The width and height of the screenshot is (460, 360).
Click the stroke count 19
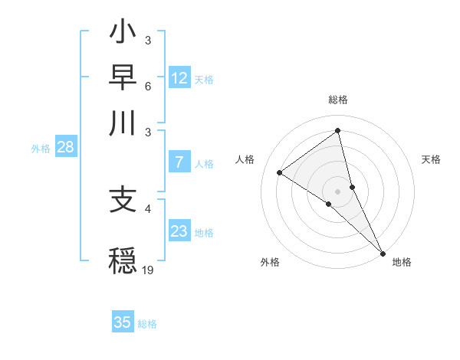click(x=148, y=269)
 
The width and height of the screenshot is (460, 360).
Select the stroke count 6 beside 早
click(x=148, y=86)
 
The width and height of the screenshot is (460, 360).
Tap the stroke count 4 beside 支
click(x=148, y=208)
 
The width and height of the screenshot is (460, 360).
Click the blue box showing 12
click(x=179, y=78)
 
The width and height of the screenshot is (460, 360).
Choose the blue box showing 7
click(x=179, y=162)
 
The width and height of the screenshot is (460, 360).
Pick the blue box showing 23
click(x=179, y=231)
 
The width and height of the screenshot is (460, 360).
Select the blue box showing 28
click(x=65, y=148)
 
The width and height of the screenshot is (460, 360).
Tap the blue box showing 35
click(x=123, y=322)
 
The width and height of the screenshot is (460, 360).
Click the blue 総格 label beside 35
click(x=147, y=324)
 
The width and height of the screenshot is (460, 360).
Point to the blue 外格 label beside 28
click(x=41, y=149)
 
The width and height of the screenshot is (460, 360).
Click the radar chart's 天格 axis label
click(x=431, y=159)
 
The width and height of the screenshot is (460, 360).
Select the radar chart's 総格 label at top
click(x=338, y=100)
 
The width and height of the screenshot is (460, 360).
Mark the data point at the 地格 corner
click(x=383, y=252)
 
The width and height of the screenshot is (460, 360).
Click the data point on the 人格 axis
click(x=280, y=172)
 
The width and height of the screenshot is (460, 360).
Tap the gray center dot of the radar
click(x=338, y=191)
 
